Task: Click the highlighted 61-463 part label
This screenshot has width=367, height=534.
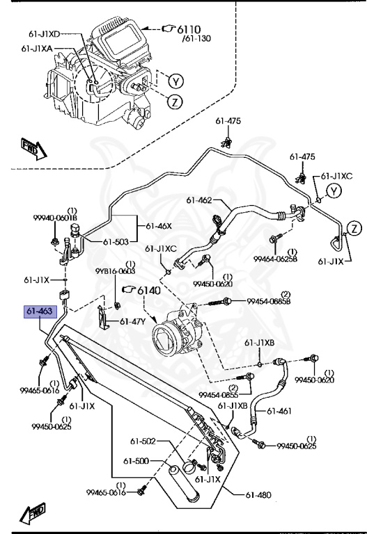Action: pos(39,312)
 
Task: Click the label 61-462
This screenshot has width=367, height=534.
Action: pos(198,200)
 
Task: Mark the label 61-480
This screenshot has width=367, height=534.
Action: pos(258,494)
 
